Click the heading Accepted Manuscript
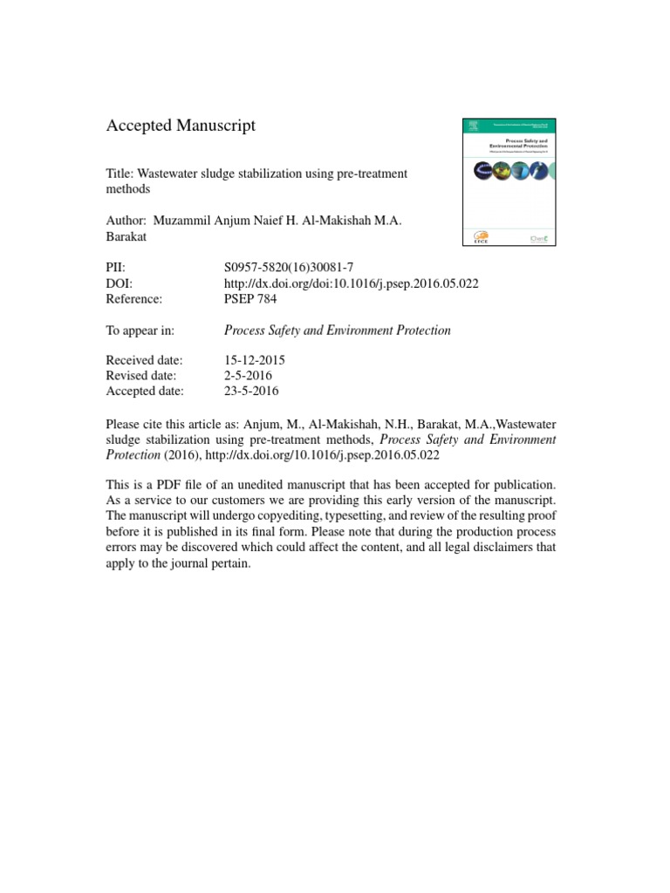click(181, 126)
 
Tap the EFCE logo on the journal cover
click(482, 237)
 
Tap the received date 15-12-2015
click(255, 359)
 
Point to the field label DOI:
click(119, 283)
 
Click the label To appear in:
click(140, 330)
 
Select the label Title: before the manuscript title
click(120, 173)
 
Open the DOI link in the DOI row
click(351, 283)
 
